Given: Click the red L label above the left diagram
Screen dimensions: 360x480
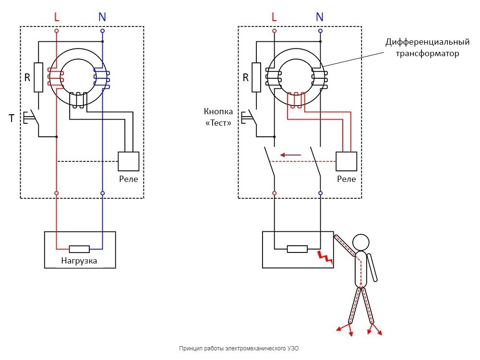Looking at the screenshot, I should point(57,17).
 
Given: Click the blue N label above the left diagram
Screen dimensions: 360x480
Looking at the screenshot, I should point(102,17).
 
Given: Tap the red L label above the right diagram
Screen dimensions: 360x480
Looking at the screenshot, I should point(275,17).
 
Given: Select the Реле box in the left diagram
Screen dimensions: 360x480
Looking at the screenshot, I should point(129,161).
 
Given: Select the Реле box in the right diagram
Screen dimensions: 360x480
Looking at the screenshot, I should point(347,161).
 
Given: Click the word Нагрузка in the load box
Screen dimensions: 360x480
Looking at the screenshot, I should point(80,261).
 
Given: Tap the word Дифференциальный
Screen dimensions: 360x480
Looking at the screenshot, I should point(427,42).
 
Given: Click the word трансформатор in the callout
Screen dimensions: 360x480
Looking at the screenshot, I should point(427,53).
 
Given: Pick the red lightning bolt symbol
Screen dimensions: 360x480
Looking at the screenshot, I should point(325,257).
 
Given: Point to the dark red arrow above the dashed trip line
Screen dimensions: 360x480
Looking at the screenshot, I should point(291,155).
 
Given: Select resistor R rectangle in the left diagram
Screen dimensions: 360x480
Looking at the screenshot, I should point(39,77).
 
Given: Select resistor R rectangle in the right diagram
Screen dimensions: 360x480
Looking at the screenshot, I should point(257,77).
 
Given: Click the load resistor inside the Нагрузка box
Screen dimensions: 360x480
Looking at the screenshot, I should point(80,249).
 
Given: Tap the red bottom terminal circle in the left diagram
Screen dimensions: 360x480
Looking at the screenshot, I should point(57,193).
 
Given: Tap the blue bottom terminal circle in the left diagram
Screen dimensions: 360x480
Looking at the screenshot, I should point(102,193).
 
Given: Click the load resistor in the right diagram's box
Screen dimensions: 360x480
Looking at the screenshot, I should point(297,249).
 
